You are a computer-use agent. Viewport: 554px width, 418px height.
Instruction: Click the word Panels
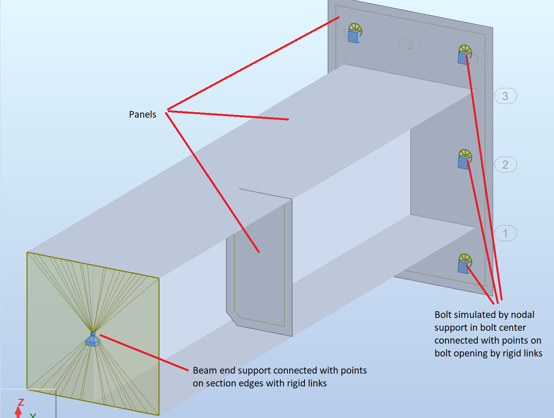click(x=142, y=115)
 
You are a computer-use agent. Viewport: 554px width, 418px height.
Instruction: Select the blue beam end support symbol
click(x=93, y=340)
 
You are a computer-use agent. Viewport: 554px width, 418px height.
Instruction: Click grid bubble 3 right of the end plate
click(x=505, y=96)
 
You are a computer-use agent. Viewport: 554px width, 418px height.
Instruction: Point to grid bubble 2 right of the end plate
click(x=505, y=165)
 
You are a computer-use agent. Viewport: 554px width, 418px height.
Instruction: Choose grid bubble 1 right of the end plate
click(x=505, y=233)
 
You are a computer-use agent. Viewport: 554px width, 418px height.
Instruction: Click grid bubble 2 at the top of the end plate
click(x=410, y=46)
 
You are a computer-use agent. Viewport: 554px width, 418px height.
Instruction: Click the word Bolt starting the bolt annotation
click(x=443, y=315)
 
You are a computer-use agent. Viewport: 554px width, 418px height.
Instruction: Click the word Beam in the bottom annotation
click(x=203, y=370)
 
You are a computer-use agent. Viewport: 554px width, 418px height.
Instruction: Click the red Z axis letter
click(x=21, y=402)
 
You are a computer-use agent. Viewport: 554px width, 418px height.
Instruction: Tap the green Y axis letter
click(x=33, y=415)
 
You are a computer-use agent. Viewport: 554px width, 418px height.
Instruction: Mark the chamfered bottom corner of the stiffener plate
click(x=232, y=318)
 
